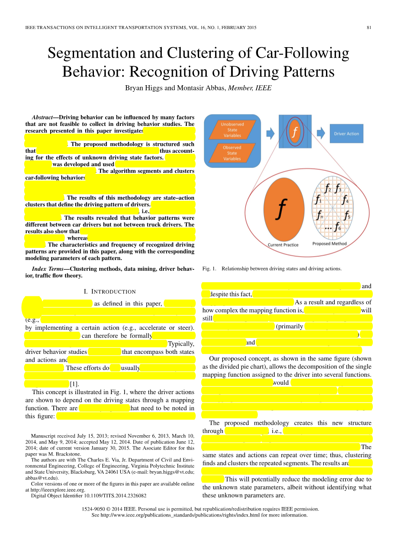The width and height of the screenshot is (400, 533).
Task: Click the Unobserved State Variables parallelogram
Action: click(x=232, y=130)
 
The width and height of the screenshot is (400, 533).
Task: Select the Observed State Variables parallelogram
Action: click(x=232, y=153)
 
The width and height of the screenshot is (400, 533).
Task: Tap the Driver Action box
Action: click(x=346, y=134)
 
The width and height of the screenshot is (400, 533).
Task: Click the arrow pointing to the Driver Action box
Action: click(x=321, y=133)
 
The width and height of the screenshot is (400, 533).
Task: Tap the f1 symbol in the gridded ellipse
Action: click(x=318, y=200)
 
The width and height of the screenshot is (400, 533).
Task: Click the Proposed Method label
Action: click(x=329, y=244)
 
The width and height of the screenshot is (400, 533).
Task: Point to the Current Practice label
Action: click(x=283, y=245)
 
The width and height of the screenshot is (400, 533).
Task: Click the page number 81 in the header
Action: click(x=369, y=28)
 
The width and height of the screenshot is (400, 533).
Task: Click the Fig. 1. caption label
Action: click(x=209, y=269)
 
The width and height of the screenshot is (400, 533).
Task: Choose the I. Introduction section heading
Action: click(x=110, y=292)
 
